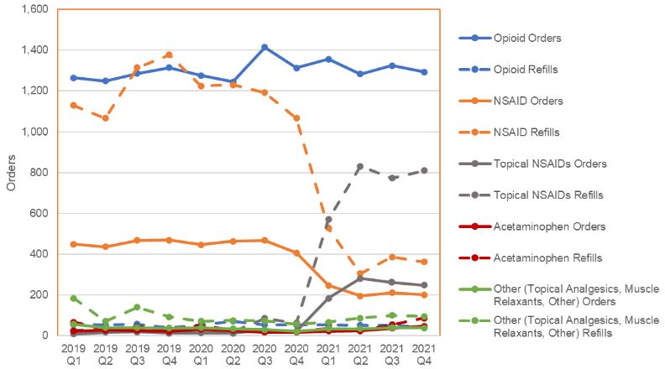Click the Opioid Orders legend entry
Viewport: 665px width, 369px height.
point(527,38)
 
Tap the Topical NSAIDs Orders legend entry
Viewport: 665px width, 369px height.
point(549,164)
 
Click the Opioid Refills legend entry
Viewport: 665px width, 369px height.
point(526,70)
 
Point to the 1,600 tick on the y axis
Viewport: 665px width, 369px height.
point(33,10)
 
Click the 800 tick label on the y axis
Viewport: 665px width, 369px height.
point(39,173)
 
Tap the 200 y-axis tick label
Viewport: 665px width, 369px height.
point(39,294)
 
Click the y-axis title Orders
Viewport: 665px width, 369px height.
point(11,172)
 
